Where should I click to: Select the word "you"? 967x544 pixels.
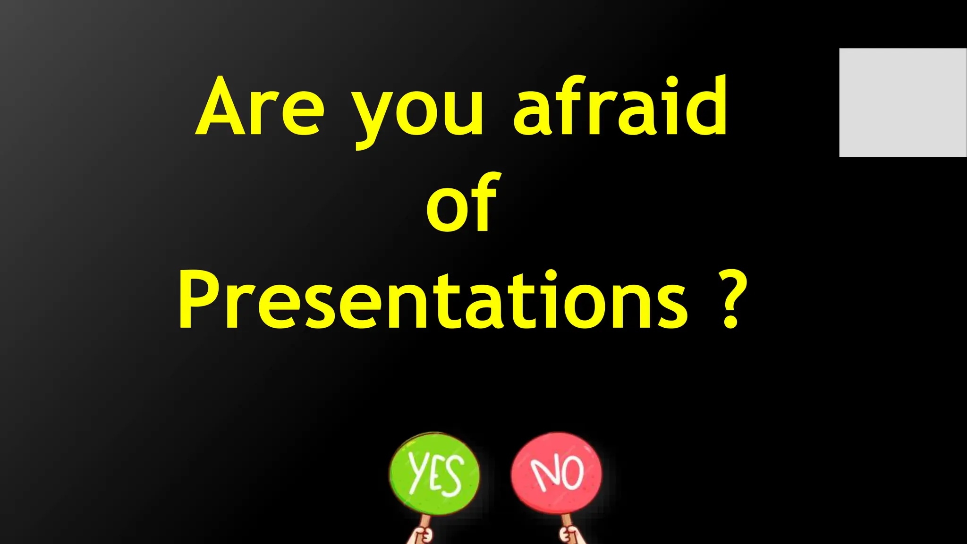(419, 113)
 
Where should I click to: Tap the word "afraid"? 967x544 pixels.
(620, 106)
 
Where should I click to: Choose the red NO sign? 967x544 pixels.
(557, 473)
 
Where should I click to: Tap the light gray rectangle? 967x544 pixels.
(903, 102)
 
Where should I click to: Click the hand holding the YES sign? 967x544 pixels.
(421, 536)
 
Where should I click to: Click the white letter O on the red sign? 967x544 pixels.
(573, 472)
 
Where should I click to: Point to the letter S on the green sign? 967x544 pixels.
(452, 479)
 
